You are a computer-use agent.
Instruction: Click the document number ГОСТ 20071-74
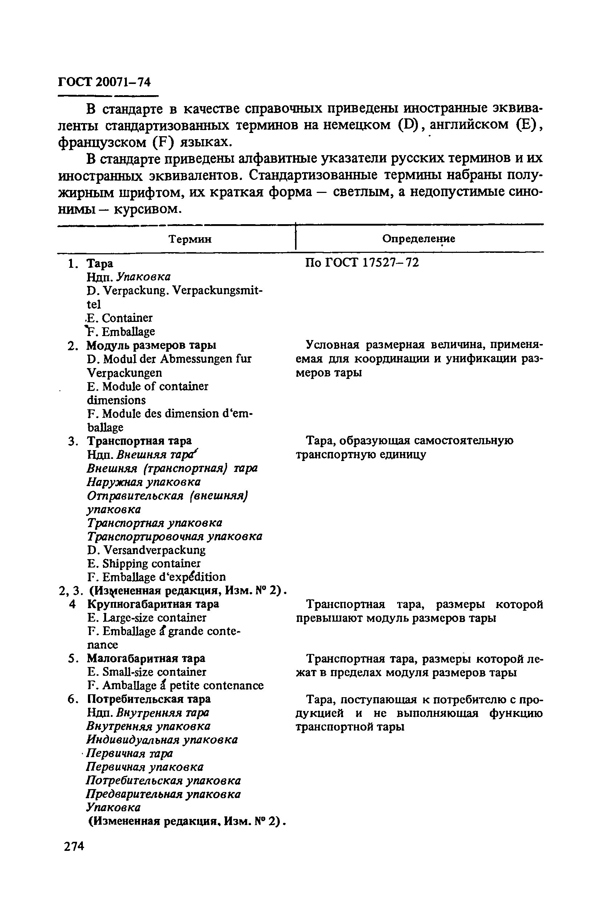point(104,82)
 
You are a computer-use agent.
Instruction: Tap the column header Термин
point(190,239)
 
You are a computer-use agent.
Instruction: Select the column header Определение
point(419,239)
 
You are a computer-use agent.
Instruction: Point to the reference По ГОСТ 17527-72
point(362,263)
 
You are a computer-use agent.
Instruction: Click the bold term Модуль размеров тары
point(152,345)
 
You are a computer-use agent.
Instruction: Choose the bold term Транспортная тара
point(140,441)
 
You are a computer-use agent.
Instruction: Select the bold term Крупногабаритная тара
point(153,604)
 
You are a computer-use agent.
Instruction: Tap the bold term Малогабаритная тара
point(146,658)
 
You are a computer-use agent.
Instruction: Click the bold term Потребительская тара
point(149,699)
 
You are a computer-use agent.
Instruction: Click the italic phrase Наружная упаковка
point(144,482)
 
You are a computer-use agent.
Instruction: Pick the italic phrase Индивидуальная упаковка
point(162,740)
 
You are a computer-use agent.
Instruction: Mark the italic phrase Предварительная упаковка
point(163,794)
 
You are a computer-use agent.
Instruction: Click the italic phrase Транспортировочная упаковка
point(174,536)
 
